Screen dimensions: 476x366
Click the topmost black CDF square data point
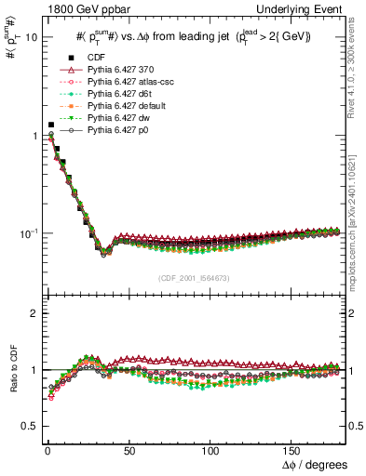pos(50,125)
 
